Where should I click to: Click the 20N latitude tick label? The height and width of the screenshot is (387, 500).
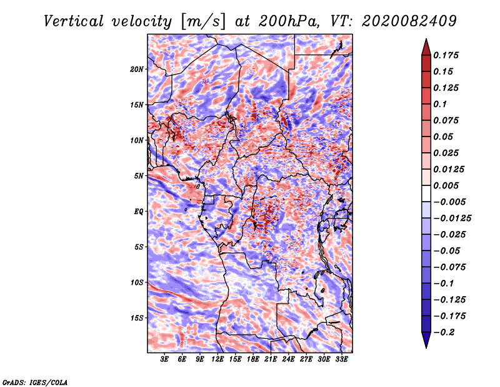(137, 70)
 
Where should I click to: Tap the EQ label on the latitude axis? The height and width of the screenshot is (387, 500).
(139, 212)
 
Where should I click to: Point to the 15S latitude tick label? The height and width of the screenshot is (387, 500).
(137, 318)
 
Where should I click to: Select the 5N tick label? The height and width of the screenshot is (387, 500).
(139, 176)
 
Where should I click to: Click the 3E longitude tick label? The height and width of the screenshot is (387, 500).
(164, 359)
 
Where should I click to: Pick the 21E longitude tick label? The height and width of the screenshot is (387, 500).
(271, 359)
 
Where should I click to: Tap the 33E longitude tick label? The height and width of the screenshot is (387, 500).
(341, 359)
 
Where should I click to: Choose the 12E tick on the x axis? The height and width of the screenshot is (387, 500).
(217, 359)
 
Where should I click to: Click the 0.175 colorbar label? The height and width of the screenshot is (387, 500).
(446, 55)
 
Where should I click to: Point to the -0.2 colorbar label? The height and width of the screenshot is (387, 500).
(444, 333)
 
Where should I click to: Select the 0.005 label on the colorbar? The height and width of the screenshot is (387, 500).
(446, 185)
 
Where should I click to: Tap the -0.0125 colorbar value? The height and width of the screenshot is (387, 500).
(452, 219)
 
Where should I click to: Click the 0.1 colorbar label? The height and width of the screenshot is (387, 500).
(440, 104)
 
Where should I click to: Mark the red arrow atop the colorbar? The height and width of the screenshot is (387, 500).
(426, 48)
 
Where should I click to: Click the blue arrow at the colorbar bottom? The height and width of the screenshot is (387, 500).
(426, 340)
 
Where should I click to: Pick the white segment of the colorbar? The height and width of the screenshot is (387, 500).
(426, 194)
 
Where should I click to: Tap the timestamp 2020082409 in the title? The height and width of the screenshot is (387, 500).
(409, 21)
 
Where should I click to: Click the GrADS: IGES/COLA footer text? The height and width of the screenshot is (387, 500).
(35, 383)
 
